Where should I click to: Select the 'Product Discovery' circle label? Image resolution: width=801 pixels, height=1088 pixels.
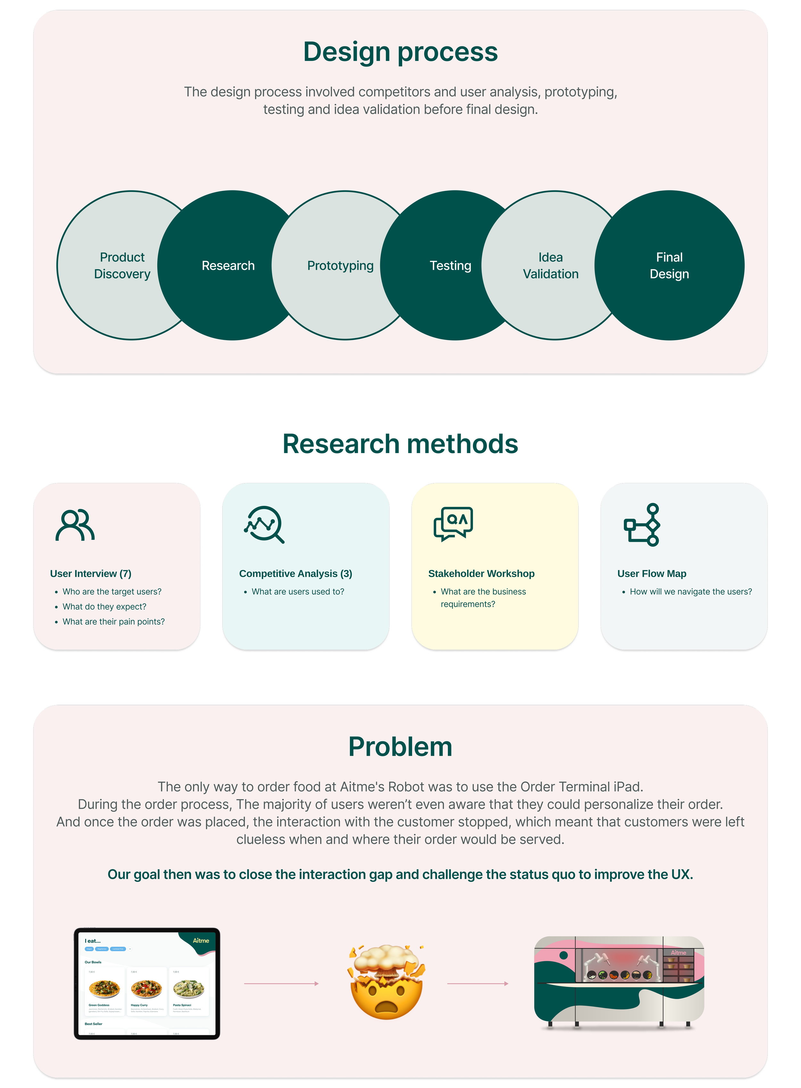tap(122, 265)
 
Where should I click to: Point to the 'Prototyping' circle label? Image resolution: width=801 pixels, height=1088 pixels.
tap(340, 266)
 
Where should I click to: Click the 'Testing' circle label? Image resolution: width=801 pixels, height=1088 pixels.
tap(450, 266)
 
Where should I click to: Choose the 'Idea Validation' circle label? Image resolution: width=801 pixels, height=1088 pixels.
tap(550, 265)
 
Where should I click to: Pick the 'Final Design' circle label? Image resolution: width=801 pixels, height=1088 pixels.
tap(669, 265)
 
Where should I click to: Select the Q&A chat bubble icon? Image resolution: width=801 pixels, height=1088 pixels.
tap(453, 523)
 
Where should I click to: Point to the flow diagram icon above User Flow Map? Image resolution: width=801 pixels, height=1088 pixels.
tap(642, 524)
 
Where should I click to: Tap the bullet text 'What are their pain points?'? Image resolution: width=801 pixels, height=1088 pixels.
tap(113, 622)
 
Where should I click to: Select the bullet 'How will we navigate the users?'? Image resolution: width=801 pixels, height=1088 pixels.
tap(690, 591)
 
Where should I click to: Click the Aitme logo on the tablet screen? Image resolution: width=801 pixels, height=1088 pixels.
tap(201, 941)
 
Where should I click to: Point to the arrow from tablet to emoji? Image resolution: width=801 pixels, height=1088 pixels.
tap(281, 983)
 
